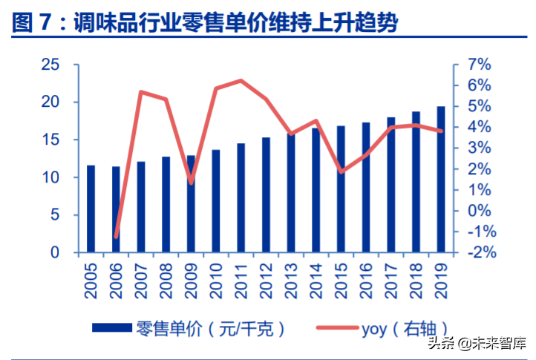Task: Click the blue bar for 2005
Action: point(91,209)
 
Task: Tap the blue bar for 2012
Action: point(266,194)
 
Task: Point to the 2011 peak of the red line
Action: point(241,80)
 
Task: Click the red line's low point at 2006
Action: point(116,237)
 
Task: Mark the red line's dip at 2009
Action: point(191,183)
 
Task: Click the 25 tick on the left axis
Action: point(50,65)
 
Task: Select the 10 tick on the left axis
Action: point(50,177)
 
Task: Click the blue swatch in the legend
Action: point(112,327)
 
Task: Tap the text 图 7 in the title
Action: point(34,22)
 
